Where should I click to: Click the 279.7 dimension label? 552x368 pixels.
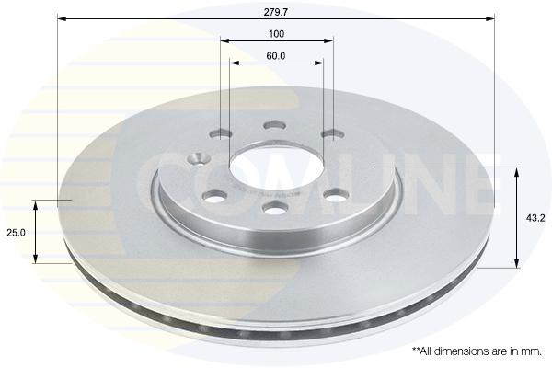click(276, 12)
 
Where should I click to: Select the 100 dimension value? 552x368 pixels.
click(276, 34)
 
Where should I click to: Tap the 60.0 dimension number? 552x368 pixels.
click(276, 56)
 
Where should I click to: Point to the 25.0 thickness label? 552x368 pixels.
click(17, 233)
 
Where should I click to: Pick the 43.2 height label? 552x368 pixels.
click(535, 218)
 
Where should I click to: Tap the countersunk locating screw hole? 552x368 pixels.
click(200, 158)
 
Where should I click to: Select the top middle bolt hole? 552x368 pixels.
click(274, 125)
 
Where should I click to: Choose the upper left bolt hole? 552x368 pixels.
click(221, 134)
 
